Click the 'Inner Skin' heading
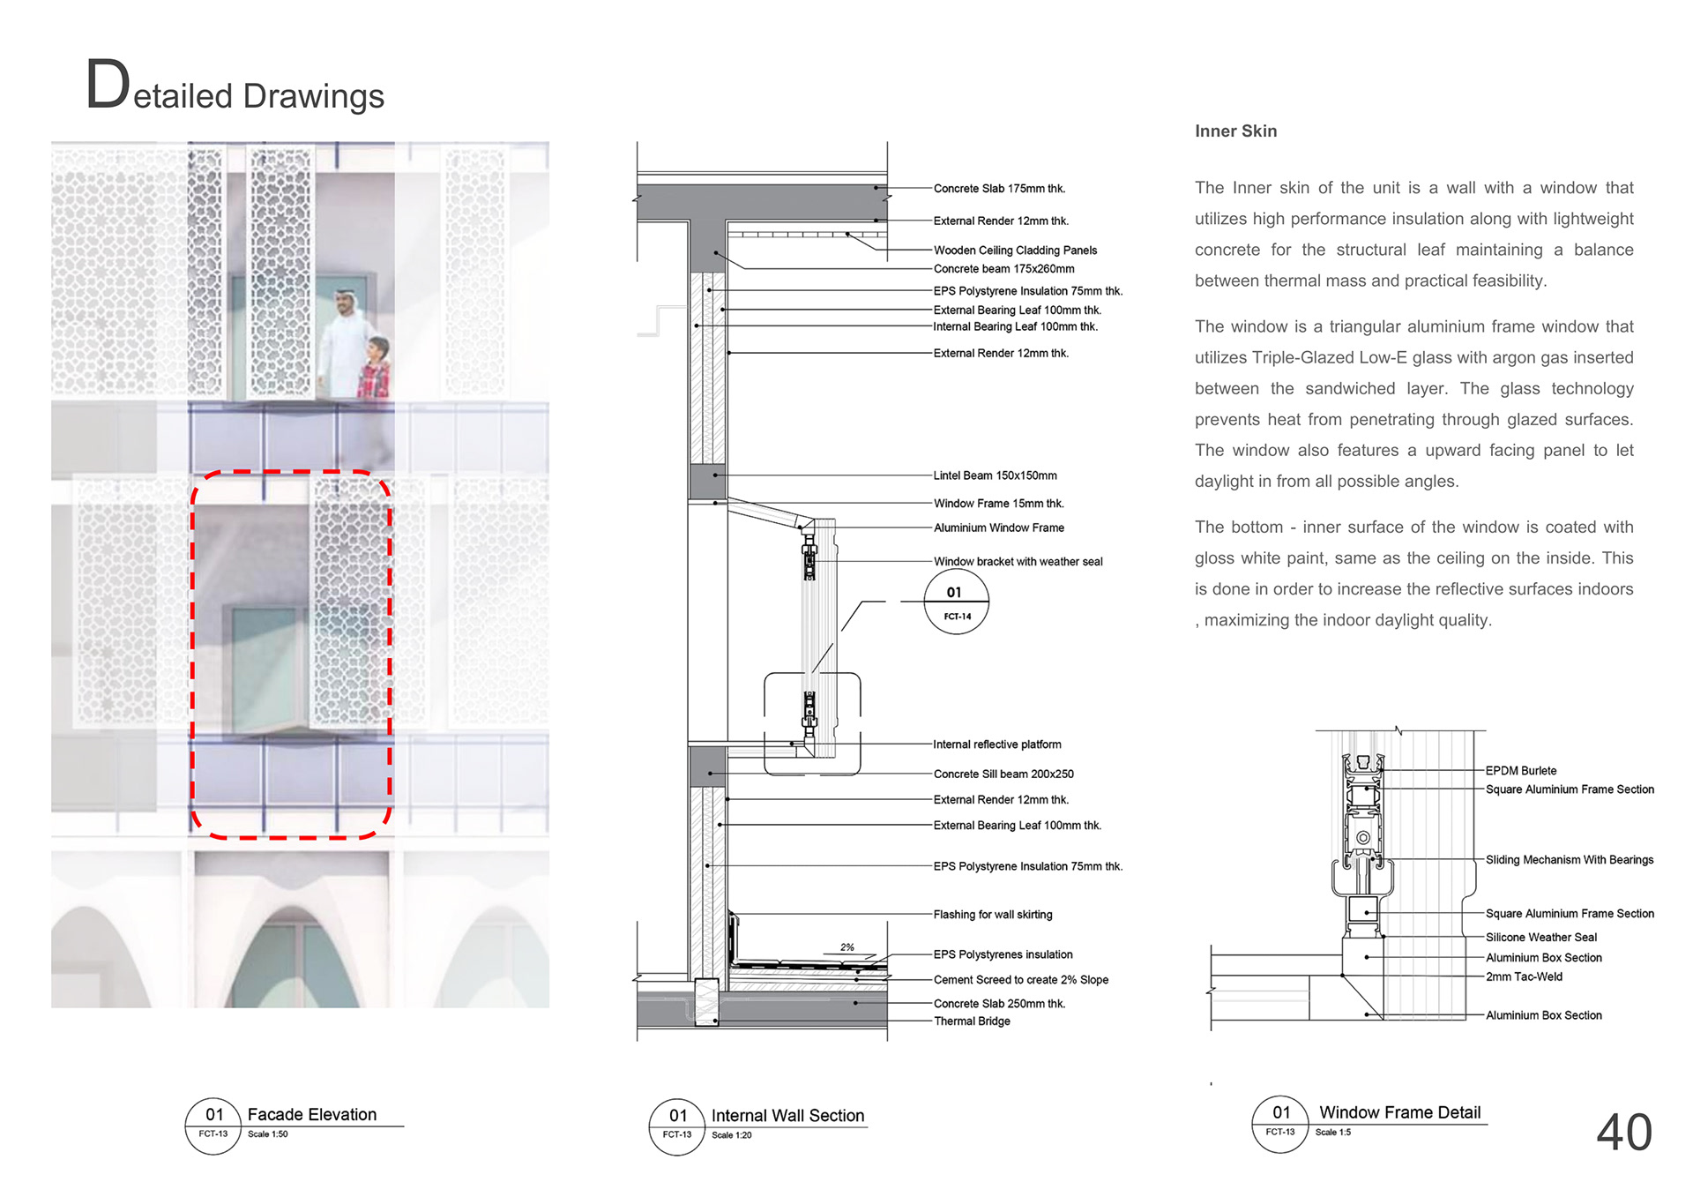coord(1235,131)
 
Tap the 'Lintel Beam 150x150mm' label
coord(995,475)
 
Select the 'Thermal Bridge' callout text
coord(972,1021)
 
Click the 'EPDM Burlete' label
coord(1521,771)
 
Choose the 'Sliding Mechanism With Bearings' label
coord(1570,860)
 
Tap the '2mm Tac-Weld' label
coord(1524,977)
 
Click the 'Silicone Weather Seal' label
coord(1541,938)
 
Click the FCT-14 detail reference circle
coord(957,602)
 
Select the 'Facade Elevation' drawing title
coord(311,1115)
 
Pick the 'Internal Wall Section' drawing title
coord(787,1116)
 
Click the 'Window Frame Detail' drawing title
coord(1399,1113)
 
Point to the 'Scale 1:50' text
coord(268,1134)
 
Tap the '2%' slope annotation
coord(847,947)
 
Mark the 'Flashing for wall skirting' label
coord(993,915)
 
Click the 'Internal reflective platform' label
coord(997,744)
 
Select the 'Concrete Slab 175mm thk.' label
coord(999,189)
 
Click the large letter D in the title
coord(108,86)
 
